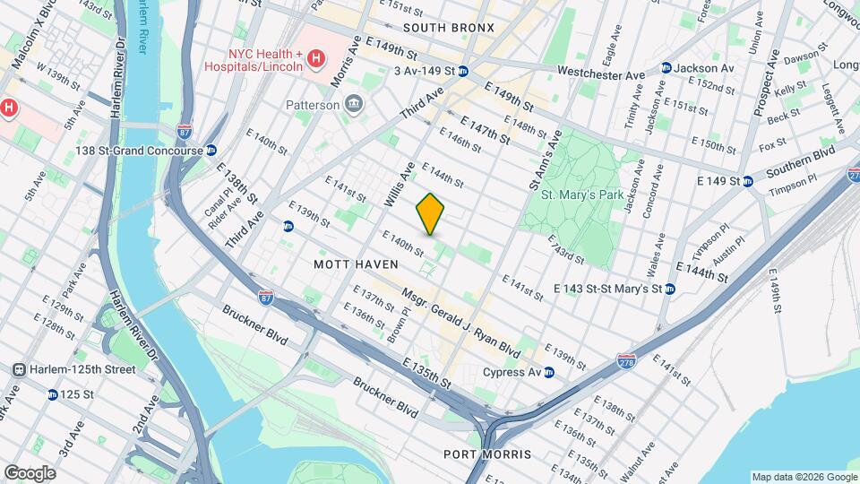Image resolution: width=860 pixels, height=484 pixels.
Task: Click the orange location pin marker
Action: click(430, 213)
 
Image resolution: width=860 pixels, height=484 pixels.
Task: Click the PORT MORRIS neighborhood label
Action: click(487, 454)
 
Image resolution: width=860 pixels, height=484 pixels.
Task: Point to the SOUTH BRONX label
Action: click(448, 28)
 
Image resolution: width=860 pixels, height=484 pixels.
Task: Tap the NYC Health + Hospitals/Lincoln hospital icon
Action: click(315, 60)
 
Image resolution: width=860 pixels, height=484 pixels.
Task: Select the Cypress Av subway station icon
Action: click(549, 372)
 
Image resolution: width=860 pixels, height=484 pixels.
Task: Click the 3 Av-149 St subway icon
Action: click(462, 71)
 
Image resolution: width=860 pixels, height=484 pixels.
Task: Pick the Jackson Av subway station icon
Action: click(666, 68)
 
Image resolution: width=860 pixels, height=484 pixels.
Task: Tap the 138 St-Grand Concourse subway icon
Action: click(211, 151)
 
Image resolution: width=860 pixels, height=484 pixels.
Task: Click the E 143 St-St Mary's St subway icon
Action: click(670, 289)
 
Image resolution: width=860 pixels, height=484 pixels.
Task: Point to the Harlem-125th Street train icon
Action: click(18, 369)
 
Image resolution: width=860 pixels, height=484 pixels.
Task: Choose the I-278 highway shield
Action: click(626, 360)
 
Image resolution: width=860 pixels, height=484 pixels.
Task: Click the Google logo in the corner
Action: click(30, 472)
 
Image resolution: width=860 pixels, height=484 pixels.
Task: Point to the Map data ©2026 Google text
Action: click(804, 477)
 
